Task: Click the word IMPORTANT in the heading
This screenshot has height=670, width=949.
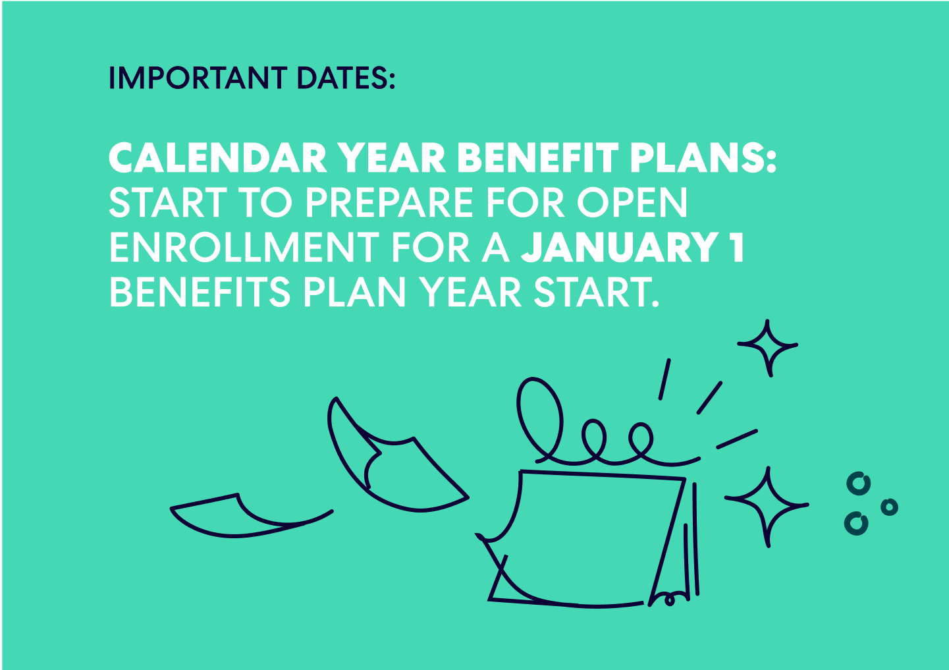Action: pos(198,78)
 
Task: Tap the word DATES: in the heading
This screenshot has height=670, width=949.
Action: pos(346,78)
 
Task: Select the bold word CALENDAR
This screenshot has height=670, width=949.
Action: pos(217,159)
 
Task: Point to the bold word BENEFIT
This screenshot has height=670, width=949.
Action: pos(537,159)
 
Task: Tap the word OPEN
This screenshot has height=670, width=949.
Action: pos(632,203)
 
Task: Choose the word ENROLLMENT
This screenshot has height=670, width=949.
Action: pos(244,248)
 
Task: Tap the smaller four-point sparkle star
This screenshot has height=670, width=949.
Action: pos(768,347)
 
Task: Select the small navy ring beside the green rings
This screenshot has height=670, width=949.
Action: pos(889,507)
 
